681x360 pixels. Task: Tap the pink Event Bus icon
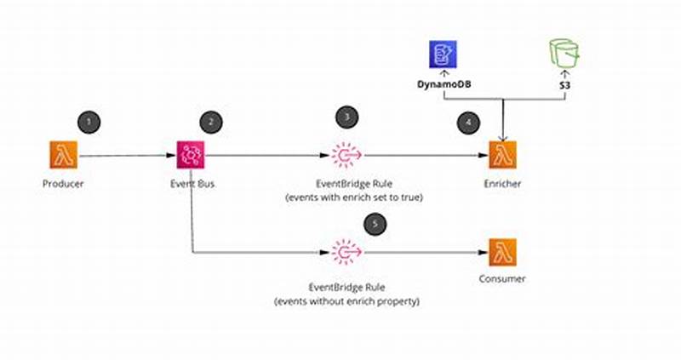pyautogui.click(x=192, y=155)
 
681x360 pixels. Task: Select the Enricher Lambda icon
pyautogui.click(x=502, y=155)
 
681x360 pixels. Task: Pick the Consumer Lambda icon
pyautogui.click(x=502, y=253)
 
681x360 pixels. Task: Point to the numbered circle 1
pyautogui.click(x=89, y=122)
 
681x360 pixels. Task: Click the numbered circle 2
pyautogui.click(x=211, y=122)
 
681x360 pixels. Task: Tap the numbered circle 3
pyautogui.click(x=345, y=117)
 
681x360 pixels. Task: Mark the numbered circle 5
pyautogui.click(x=375, y=225)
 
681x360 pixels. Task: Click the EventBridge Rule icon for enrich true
pyautogui.click(x=346, y=155)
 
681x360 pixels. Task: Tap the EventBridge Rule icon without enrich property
pyautogui.click(x=346, y=253)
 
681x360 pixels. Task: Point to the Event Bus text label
pyautogui.click(x=192, y=184)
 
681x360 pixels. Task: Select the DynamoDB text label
pyautogui.click(x=442, y=86)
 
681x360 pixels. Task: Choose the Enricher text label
pyautogui.click(x=502, y=184)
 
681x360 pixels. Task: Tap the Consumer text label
pyautogui.click(x=502, y=278)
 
